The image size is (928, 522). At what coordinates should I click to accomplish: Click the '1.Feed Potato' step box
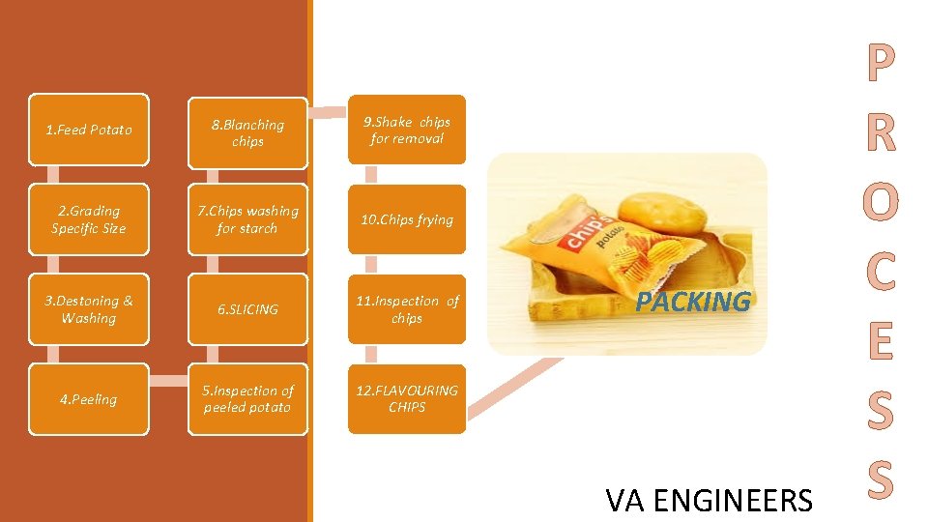89,130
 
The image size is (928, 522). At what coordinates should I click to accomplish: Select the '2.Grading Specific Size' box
89,219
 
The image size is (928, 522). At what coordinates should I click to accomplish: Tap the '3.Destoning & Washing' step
89,309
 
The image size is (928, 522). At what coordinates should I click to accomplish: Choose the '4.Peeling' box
89,399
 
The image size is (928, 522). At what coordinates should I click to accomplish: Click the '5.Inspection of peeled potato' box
247,399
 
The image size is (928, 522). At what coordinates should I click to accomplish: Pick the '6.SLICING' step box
247,309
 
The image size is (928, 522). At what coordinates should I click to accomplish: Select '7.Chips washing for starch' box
247,219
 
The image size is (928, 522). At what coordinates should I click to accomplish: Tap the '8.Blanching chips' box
247,132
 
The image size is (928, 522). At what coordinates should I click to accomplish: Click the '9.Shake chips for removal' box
407,130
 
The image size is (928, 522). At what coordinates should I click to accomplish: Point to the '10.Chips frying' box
407,219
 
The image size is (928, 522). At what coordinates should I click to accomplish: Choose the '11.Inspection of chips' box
407,309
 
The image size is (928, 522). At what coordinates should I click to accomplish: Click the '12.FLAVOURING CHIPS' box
407,398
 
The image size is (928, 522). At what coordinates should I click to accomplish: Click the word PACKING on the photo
693,302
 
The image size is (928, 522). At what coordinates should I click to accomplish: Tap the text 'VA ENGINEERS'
709,500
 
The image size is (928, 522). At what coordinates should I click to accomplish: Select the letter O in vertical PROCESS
880,202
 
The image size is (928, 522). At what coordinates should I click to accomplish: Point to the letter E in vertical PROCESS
880,341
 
